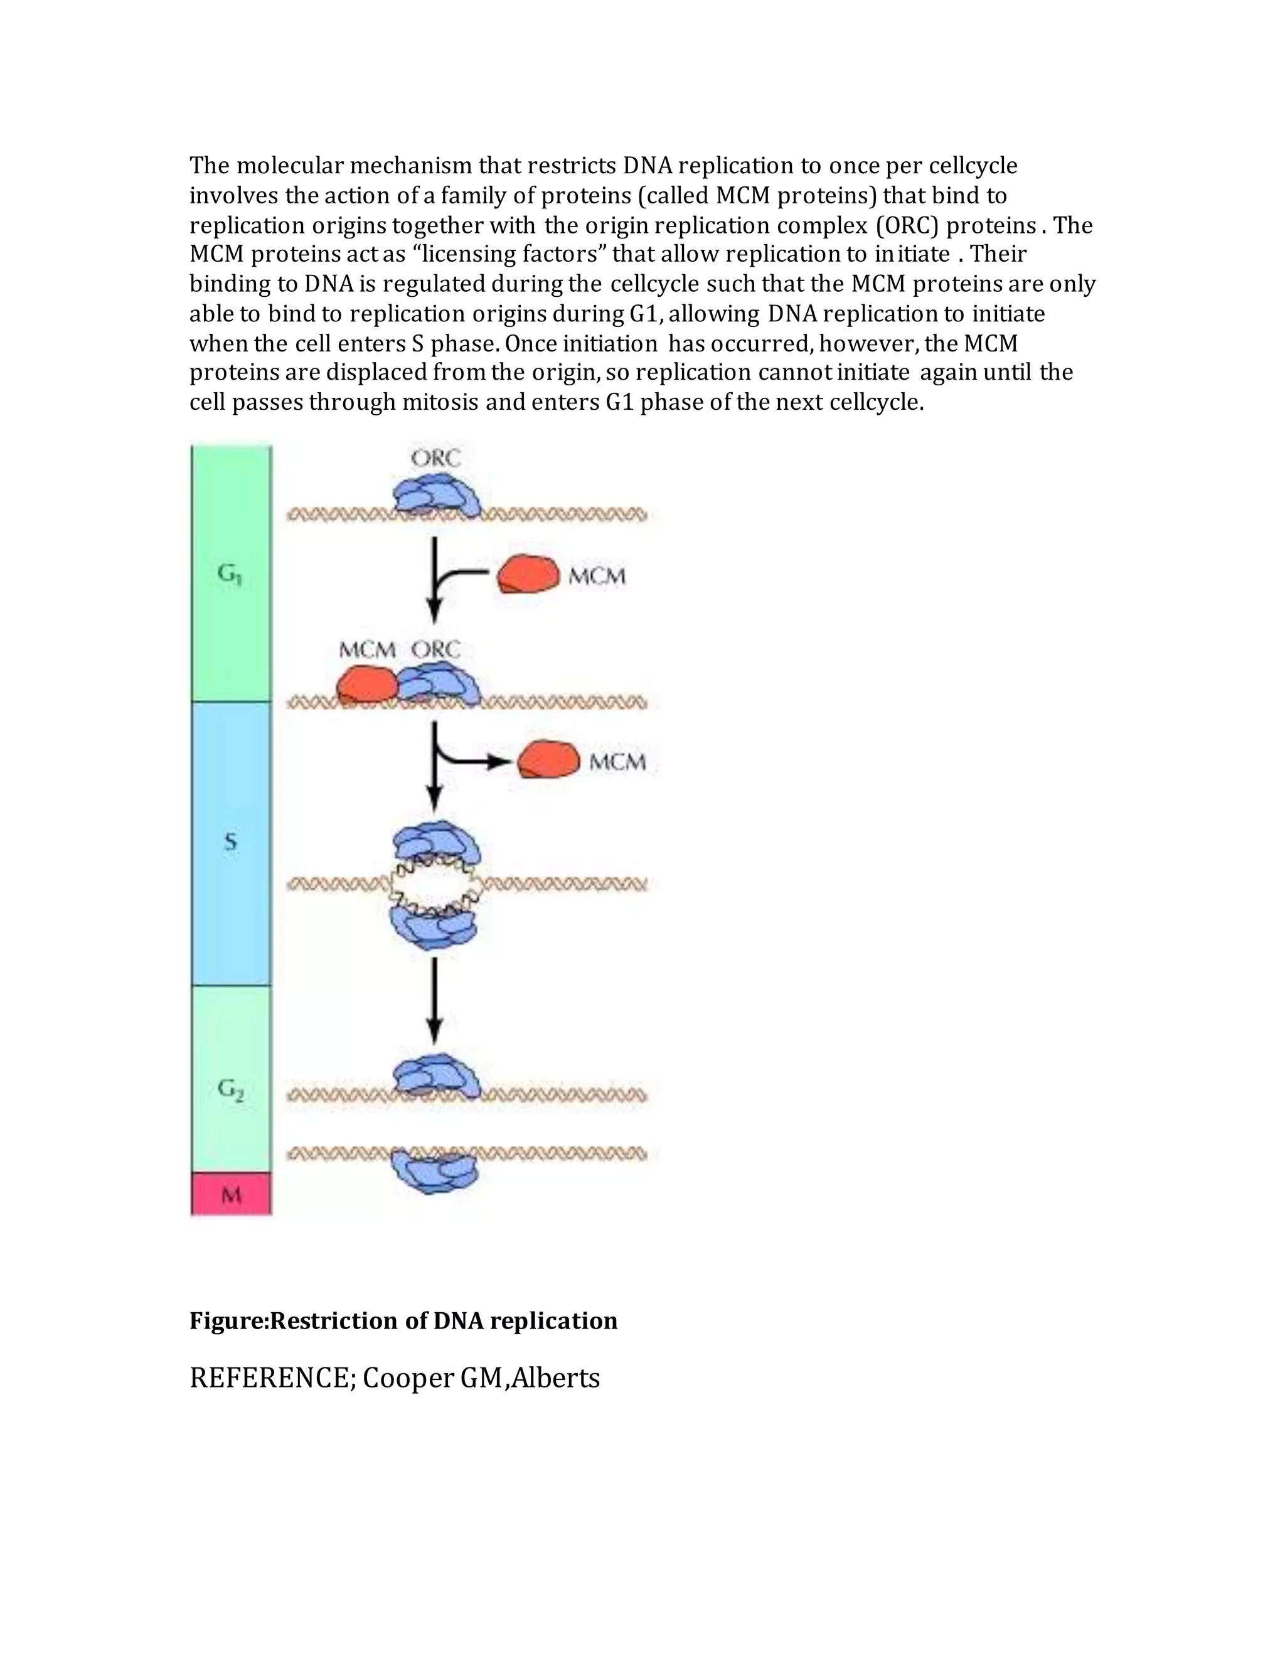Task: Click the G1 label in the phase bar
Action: coord(230,574)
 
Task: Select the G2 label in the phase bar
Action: coord(231,1089)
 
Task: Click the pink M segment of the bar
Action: coord(231,1194)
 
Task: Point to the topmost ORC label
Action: coord(435,457)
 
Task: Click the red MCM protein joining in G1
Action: coord(528,574)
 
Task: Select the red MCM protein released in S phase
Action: coord(548,760)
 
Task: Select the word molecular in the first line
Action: coord(292,165)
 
